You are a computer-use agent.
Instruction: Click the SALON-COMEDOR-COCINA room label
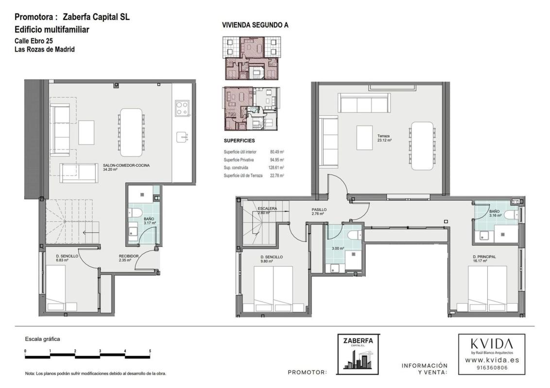[126, 167]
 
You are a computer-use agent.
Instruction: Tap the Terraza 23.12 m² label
[384, 138]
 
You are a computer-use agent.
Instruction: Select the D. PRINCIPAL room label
[484, 259]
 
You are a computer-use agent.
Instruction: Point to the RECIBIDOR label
[129, 258]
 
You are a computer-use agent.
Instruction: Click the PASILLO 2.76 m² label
[319, 211]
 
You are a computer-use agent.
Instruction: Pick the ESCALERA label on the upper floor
[267, 209]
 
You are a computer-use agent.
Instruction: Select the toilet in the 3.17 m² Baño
[135, 212]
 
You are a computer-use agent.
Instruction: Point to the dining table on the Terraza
[422, 145]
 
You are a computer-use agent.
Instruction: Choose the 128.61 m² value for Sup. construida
[276, 168]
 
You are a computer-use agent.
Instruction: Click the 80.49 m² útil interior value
[277, 152]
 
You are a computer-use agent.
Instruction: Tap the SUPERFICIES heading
[239, 141]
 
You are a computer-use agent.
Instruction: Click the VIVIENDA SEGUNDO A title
[256, 25]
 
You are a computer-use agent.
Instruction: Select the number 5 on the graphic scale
[150, 351]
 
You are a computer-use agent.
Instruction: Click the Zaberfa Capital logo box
[359, 354]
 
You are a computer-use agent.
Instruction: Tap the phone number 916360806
[492, 368]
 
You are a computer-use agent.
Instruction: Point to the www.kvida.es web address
[492, 360]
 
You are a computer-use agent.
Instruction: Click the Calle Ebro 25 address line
[34, 41]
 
